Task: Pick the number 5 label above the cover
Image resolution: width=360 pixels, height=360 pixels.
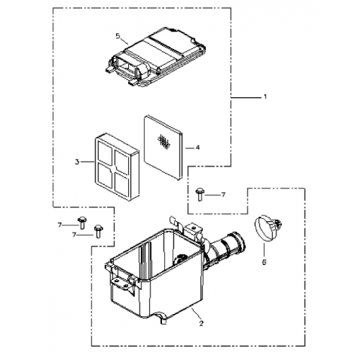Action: click(117, 35)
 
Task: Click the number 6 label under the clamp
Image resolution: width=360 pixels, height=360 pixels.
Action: click(264, 262)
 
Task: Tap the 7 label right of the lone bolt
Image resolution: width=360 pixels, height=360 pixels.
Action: click(223, 195)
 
